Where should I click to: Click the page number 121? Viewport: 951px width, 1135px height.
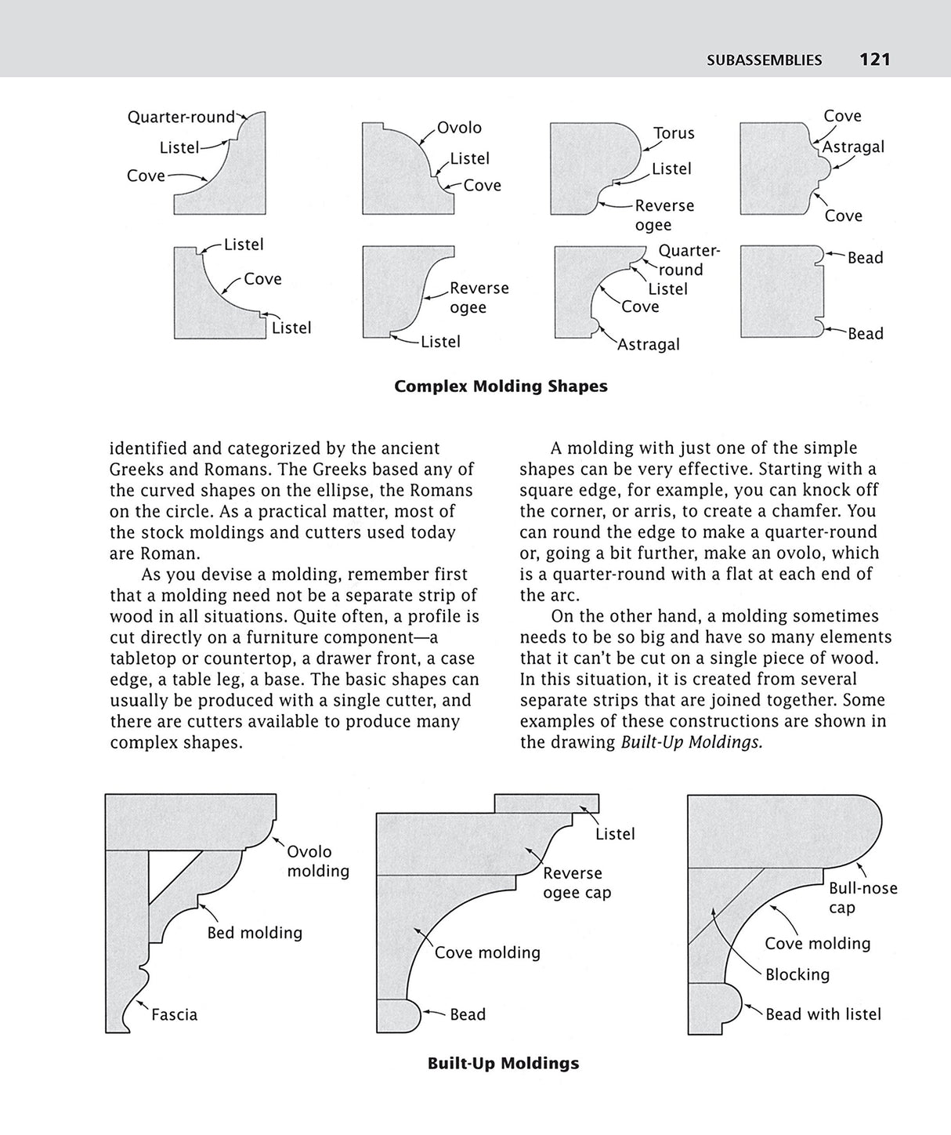tap(874, 60)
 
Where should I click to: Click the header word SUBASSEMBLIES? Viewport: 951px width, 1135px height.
tap(764, 60)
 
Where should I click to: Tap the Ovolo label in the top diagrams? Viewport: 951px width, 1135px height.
tap(459, 128)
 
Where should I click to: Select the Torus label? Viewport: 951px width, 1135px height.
tap(674, 133)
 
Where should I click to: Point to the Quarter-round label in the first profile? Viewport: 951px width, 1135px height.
tap(181, 118)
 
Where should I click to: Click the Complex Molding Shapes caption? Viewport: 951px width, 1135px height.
tap(501, 386)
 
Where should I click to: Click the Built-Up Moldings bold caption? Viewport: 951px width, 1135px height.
tap(503, 1064)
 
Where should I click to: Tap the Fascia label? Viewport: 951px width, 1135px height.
tap(174, 1014)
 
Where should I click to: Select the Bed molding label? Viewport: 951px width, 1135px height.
tap(255, 933)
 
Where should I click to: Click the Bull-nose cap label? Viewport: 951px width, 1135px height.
tap(862, 898)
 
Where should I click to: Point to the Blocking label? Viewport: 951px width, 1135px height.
tap(797, 974)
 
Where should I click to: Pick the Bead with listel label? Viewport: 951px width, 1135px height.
tap(823, 1014)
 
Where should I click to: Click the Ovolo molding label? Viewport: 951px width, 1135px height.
tap(317, 861)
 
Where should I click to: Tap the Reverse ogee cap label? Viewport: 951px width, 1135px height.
tap(577, 883)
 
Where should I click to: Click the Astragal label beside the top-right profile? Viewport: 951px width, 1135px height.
tap(853, 147)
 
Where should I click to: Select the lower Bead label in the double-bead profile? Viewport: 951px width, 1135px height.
tap(865, 334)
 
